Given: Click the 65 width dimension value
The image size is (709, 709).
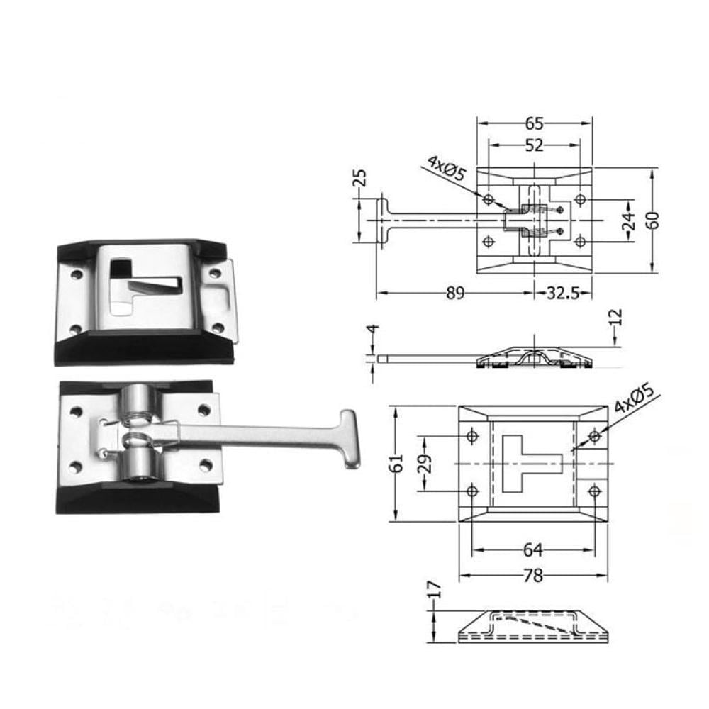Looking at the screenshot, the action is coord(534,123).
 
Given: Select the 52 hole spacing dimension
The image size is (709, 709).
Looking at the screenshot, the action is coord(534,145).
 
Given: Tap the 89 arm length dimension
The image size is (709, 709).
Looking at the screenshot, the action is coord(455,294).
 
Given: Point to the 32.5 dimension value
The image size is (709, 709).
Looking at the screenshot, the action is coord(563,294).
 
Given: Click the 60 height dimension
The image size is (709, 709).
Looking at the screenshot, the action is coord(653,220).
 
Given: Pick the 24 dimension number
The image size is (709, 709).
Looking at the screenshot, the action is coord(630,220).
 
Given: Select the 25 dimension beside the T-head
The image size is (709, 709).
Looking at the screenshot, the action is coord(360,178).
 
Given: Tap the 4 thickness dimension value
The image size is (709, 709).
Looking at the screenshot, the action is coord(373,329).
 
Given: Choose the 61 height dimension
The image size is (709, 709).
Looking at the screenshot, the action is coord(396,462).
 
